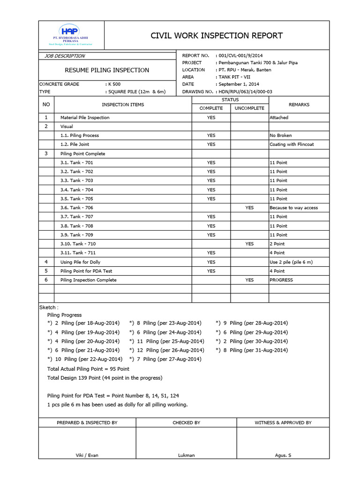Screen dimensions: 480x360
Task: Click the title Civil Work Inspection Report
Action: pos(216,36)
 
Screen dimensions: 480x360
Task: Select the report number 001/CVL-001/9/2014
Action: pos(244,56)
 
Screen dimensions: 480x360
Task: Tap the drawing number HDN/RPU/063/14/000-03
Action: pos(246,92)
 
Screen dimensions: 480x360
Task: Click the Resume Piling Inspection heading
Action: pos(107,70)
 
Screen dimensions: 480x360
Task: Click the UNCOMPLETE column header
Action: pos(249,108)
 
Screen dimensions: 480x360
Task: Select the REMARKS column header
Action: pos(299,105)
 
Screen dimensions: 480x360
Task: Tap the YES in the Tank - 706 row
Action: pos(249,208)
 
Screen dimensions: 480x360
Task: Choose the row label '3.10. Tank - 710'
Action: pos(78,244)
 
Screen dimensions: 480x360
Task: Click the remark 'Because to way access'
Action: pos(293,208)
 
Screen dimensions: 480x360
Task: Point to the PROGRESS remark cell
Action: pos(281,280)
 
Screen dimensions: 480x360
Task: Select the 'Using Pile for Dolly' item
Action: pos(80,262)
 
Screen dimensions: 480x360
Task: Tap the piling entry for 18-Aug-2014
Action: pos(84,323)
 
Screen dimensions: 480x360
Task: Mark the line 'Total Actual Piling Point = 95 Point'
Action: pos(88,369)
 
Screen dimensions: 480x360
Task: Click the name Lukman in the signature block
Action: pos(186,455)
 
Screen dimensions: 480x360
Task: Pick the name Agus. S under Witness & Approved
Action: pos(283,455)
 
